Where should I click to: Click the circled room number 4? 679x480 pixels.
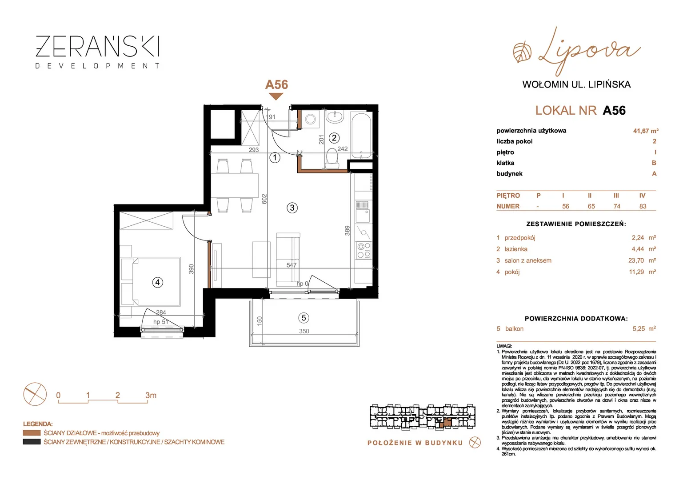click(x=157, y=283)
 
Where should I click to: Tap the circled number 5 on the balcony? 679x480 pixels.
click(x=304, y=318)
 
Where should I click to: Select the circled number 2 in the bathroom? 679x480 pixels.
click(x=334, y=138)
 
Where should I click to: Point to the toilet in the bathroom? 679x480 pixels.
click(x=332, y=158)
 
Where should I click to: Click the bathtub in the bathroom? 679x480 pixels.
click(x=361, y=135)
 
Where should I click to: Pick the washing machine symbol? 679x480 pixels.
click(x=311, y=119)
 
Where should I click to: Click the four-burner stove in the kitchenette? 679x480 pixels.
click(x=363, y=250)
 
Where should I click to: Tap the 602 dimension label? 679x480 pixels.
click(x=264, y=199)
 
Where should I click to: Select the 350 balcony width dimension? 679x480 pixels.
click(x=304, y=331)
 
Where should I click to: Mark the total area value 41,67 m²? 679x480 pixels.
click(x=646, y=131)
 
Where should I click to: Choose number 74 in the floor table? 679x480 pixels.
click(x=617, y=207)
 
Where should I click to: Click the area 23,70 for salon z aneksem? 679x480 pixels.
click(x=636, y=260)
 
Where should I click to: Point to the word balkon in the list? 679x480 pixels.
click(x=514, y=329)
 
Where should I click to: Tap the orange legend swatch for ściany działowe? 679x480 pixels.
click(x=32, y=433)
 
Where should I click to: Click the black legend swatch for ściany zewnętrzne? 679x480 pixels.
click(x=32, y=442)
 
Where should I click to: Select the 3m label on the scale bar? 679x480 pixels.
click(x=151, y=395)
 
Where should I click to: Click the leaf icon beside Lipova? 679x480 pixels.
click(x=522, y=53)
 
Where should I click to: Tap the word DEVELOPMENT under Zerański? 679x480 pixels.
click(x=98, y=66)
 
